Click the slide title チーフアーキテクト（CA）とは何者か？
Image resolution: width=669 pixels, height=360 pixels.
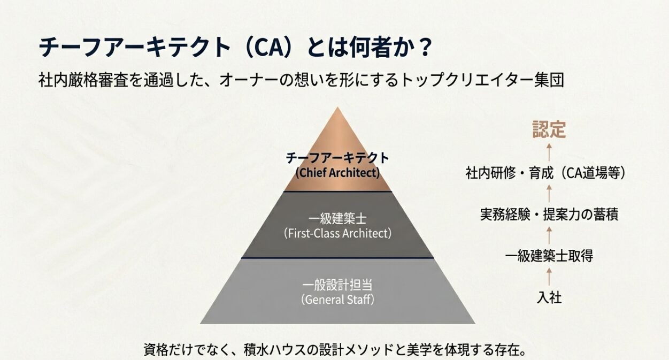(x=235, y=48)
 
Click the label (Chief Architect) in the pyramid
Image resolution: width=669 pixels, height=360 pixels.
(x=337, y=173)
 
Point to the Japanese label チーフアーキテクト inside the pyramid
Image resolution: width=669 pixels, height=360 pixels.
(x=337, y=158)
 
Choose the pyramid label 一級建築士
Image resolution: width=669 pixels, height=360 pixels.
(x=337, y=219)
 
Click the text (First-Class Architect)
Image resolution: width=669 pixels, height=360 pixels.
(x=337, y=233)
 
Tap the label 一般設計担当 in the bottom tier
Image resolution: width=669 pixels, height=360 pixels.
(x=337, y=285)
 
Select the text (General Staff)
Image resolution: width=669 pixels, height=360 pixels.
(x=337, y=299)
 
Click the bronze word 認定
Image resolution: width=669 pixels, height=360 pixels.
(x=549, y=130)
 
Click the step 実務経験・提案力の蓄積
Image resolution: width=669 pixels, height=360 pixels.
(x=549, y=215)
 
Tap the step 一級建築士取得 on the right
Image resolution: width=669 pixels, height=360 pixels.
(x=549, y=256)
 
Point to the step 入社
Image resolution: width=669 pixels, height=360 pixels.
(x=549, y=297)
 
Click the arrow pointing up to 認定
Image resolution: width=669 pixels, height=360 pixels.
(x=549, y=152)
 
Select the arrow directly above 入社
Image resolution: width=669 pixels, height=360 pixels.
(x=549, y=277)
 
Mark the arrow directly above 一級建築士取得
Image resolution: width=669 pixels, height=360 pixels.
(x=549, y=235)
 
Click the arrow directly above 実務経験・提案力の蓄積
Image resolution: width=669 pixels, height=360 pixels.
(x=549, y=194)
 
